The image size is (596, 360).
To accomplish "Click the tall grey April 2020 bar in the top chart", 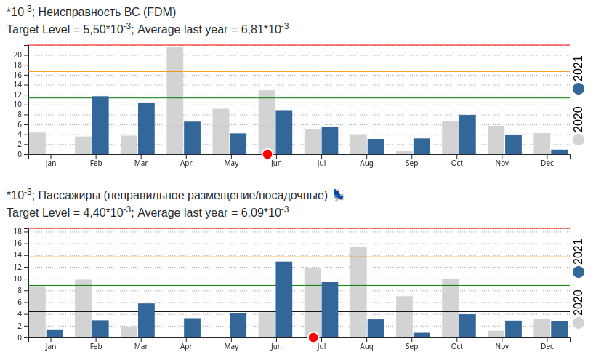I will point(174,100).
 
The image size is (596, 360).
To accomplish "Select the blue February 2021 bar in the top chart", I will point(100,125).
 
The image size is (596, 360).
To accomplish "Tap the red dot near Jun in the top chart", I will point(267,153).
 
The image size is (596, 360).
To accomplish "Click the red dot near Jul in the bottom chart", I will point(313,337).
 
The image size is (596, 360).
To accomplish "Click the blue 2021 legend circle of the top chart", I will point(579,89).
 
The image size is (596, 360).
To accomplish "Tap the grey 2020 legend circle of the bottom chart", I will point(579,323).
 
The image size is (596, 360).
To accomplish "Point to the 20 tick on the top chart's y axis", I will point(20,55).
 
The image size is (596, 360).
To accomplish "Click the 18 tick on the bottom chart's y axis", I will point(20,231).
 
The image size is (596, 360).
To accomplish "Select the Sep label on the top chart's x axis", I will point(412,163).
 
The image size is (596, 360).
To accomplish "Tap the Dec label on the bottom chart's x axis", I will point(548,346).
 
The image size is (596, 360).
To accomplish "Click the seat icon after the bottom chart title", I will point(339,195).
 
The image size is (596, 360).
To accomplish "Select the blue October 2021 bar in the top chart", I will point(467,135).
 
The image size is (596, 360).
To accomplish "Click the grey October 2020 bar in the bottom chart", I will point(450,308).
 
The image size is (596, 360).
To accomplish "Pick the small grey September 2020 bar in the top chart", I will point(404,152).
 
